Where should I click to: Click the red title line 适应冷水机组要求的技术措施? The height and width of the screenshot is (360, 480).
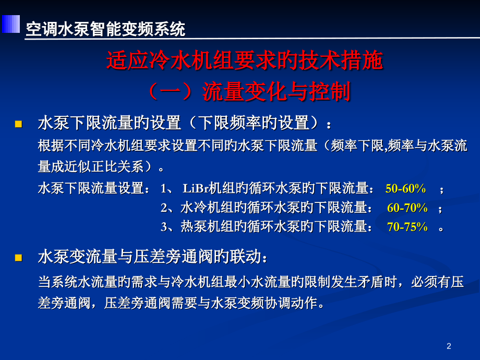pos(245,62)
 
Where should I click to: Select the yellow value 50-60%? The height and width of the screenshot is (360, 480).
pos(406,188)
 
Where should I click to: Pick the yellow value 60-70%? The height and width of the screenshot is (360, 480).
pos(407,208)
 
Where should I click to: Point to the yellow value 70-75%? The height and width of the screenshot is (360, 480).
pos(407,227)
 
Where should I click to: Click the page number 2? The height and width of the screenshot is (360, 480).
pos(449,345)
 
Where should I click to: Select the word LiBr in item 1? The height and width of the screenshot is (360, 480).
pos(196,188)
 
